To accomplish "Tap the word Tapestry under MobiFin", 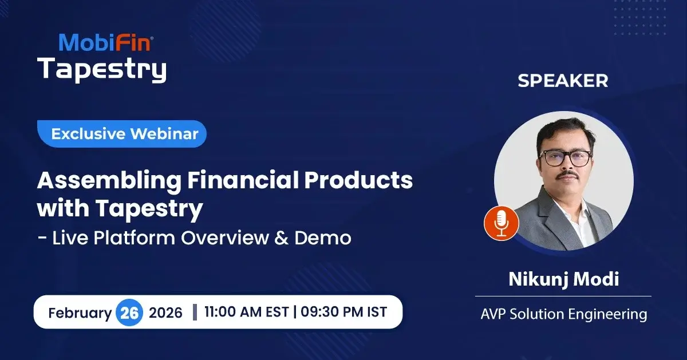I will tap(102, 69).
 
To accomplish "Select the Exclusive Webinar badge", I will tap(124, 134).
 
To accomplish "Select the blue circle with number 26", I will tap(130, 313).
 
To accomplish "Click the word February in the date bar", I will tap(80, 313).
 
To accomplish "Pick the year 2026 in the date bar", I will tap(165, 313).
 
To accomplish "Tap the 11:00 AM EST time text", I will tap(247, 312).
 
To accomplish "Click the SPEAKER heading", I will tap(563, 81).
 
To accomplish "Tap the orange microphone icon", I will tap(501, 223).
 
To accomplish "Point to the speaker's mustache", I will tap(566, 176).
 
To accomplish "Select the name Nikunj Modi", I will tap(563, 280).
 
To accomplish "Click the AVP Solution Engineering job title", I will tap(563, 314).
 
